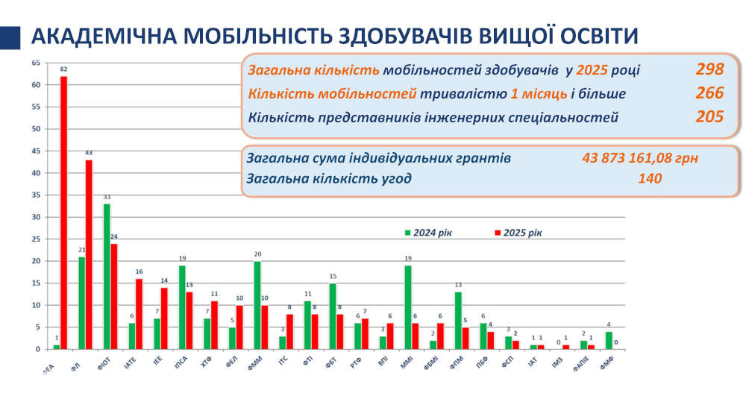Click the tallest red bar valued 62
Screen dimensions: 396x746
point(64,213)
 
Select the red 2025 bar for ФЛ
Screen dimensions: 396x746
point(89,254)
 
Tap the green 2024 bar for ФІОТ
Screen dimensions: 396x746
point(107,276)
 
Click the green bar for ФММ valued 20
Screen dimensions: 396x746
point(257,305)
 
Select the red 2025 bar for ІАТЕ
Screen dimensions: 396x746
point(140,314)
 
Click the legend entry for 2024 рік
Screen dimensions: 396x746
point(428,232)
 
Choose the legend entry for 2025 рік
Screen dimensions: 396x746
point(518,232)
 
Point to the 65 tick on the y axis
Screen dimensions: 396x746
point(35,63)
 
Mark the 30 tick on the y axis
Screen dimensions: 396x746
point(35,217)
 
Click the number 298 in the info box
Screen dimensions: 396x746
point(709,70)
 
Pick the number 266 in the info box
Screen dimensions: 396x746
point(709,93)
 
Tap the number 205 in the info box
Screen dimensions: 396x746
point(709,116)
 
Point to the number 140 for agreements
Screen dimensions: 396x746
point(650,179)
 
